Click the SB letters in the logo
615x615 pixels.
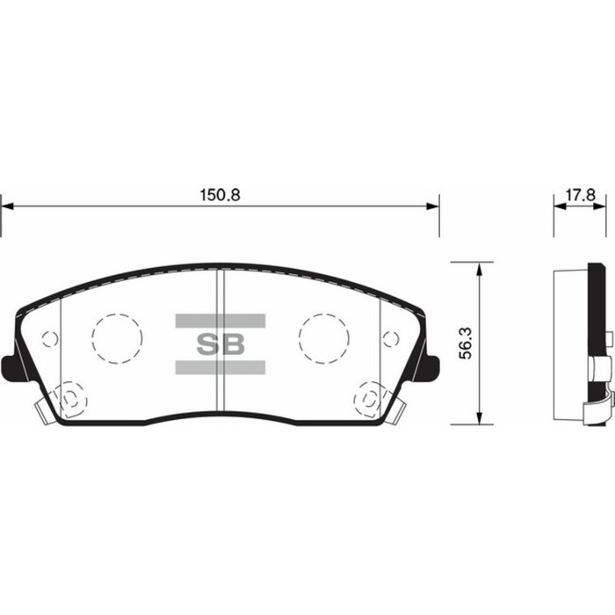(219, 344)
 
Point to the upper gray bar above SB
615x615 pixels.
(219, 321)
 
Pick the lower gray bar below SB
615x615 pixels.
(219, 366)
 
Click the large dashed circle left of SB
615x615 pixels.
(117, 337)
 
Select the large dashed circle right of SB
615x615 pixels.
(322, 337)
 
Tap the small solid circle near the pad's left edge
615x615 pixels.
(50, 338)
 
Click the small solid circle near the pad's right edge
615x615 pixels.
(390, 338)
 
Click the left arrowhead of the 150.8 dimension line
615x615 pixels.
(7, 206)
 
